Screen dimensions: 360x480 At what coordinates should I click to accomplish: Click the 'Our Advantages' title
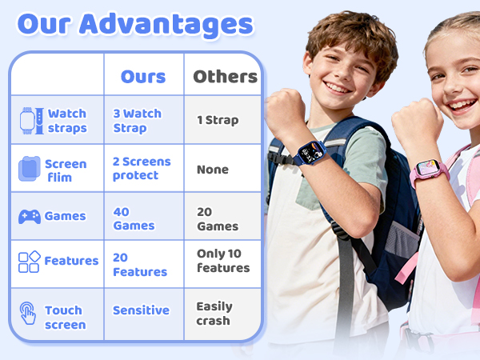point(135,24)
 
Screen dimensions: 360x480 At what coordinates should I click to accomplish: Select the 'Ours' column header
point(143,77)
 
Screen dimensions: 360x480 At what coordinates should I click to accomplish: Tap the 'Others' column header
point(226,77)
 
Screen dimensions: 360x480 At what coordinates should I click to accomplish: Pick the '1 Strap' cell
point(218,120)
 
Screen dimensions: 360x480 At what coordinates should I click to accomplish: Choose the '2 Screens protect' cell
point(142,168)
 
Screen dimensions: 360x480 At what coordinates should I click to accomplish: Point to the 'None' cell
point(213,170)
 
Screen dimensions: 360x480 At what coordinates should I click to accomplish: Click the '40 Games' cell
point(134,218)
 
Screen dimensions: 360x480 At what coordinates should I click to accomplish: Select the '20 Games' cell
point(218,218)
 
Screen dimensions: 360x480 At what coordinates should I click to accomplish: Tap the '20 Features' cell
point(140,265)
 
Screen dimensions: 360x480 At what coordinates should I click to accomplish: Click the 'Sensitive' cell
point(141,310)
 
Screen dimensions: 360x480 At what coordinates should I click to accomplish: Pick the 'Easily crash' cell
point(214,314)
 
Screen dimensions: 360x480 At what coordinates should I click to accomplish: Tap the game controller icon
point(30,217)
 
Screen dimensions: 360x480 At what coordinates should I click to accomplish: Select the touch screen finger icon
point(29,312)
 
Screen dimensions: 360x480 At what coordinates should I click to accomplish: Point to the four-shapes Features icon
point(29,262)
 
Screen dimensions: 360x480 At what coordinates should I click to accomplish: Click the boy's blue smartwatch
point(308,152)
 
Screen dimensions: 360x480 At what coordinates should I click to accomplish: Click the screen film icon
point(29,169)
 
